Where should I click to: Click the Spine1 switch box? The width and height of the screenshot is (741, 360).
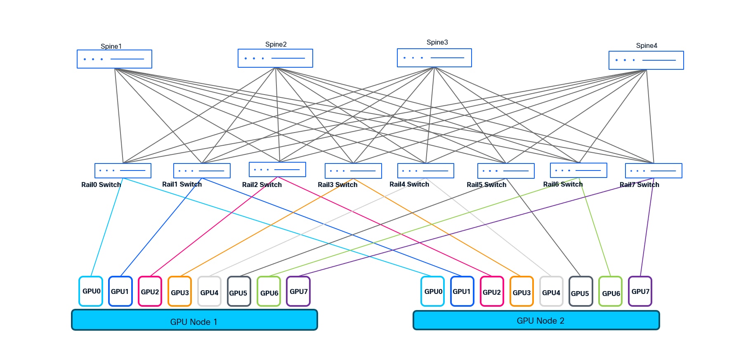tap(114, 59)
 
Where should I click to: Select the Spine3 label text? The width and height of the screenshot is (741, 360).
tap(437, 43)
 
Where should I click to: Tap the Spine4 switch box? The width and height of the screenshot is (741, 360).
tap(646, 60)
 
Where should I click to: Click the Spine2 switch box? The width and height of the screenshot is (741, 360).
tap(275, 58)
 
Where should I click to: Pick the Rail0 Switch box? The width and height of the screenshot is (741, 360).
tap(123, 171)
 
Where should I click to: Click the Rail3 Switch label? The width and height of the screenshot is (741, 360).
tap(337, 185)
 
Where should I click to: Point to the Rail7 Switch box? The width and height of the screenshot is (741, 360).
tap(654, 171)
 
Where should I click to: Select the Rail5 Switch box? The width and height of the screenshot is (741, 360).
tap(506, 171)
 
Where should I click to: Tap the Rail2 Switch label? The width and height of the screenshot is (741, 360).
tap(262, 185)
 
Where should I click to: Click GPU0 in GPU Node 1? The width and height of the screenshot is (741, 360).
tap(91, 291)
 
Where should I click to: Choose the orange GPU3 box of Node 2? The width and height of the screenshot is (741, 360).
tap(522, 292)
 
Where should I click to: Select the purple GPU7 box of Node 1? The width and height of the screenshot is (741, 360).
tap(298, 291)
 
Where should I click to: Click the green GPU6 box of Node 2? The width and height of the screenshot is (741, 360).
tap(610, 292)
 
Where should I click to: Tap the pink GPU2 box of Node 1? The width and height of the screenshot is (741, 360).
tap(150, 291)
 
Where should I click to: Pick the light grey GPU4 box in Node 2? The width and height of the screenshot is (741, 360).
tap(551, 292)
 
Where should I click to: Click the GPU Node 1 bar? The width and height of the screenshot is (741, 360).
tap(194, 320)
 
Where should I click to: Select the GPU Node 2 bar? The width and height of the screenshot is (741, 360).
tap(536, 320)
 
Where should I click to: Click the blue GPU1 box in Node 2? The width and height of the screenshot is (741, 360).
tap(462, 291)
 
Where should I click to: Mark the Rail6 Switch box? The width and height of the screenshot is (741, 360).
tap(578, 170)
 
